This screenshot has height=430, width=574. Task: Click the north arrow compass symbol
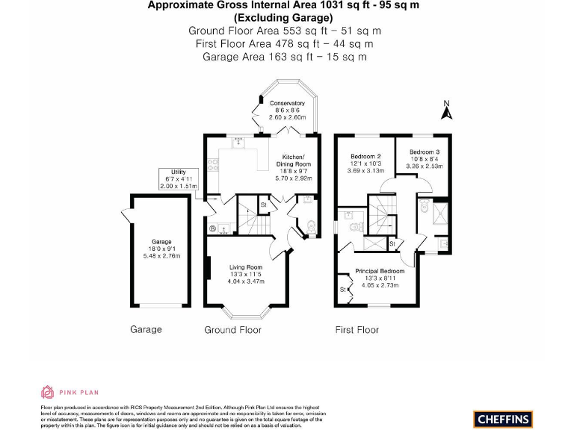point(447,111)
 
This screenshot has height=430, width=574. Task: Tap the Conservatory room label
point(287,103)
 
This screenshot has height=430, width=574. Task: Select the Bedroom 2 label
point(366,156)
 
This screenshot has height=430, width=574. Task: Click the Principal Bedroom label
point(380,271)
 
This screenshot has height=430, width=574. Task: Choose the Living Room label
point(245,267)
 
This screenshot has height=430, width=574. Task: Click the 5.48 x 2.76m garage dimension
point(162,256)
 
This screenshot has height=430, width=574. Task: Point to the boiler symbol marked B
point(212,229)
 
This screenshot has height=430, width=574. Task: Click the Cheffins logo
point(502,418)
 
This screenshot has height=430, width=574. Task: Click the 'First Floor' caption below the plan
point(357,329)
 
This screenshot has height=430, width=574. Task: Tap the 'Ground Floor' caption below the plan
point(232,329)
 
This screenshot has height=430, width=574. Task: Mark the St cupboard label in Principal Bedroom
point(343,289)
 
